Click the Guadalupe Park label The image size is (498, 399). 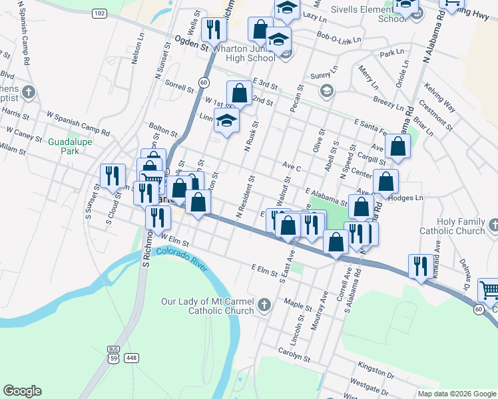pos(64,146)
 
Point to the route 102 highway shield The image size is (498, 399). pos(99,13)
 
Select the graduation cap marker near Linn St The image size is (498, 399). pos(227,121)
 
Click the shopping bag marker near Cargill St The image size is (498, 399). pos(397,147)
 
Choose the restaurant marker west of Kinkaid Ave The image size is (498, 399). pos(420,266)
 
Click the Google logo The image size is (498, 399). pos(22,391)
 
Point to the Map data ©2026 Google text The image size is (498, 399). pos(457,394)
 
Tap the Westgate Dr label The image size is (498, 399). pos(368,384)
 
